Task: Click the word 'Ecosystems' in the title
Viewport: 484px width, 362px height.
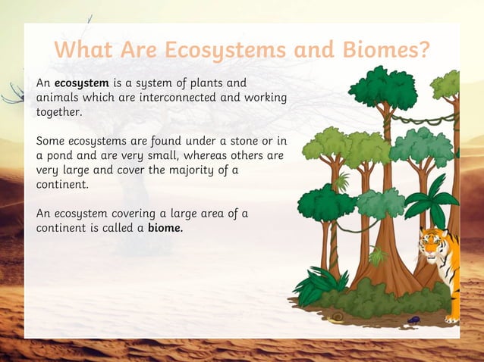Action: click(225, 50)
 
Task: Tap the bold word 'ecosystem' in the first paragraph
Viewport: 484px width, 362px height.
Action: click(82, 82)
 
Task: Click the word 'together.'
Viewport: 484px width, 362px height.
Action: click(58, 111)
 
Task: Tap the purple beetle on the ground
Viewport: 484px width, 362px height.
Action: click(413, 319)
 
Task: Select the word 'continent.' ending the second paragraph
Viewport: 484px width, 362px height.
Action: click(62, 184)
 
